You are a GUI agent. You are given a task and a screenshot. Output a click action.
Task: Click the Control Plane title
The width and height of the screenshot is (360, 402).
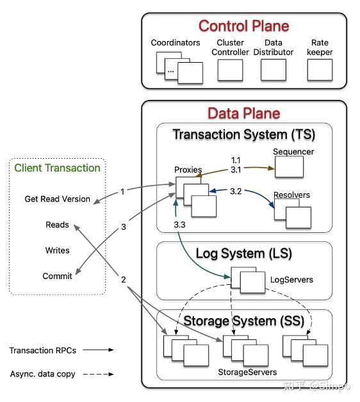click(x=243, y=26)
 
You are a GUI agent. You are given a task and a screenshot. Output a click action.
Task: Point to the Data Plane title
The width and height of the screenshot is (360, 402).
click(x=243, y=113)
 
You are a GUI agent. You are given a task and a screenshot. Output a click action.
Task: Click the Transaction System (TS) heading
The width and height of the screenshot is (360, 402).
click(x=244, y=134)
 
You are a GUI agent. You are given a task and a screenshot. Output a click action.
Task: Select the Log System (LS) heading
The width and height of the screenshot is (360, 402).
click(x=244, y=253)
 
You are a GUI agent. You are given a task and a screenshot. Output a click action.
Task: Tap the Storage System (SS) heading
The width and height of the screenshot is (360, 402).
click(x=244, y=320)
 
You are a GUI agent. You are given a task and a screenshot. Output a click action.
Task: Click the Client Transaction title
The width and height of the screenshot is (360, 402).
click(x=58, y=168)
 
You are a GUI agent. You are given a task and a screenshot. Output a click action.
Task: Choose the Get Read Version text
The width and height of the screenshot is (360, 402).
click(x=58, y=199)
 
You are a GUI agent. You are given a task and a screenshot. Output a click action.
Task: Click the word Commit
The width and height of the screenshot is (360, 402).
click(x=58, y=276)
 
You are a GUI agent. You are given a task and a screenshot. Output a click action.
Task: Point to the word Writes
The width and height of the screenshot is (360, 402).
click(x=58, y=250)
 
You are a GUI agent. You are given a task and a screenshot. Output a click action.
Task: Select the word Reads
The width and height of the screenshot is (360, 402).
click(x=58, y=225)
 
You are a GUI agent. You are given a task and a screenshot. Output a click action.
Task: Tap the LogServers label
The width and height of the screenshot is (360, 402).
click(x=292, y=280)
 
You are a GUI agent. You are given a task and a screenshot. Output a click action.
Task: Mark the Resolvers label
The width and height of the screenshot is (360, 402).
click(x=292, y=194)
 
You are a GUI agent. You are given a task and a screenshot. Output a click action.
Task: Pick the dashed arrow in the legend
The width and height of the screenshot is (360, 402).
click(x=99, y=373)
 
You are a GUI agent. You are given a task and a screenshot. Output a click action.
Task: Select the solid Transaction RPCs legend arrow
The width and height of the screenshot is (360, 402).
click(x=99, y=350)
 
